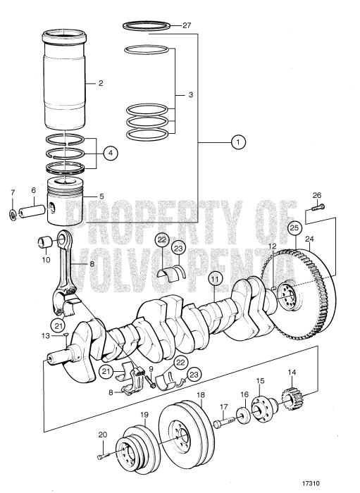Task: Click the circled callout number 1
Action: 239,142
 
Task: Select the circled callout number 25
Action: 294,227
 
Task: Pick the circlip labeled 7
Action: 13,213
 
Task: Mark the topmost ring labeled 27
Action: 147,25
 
